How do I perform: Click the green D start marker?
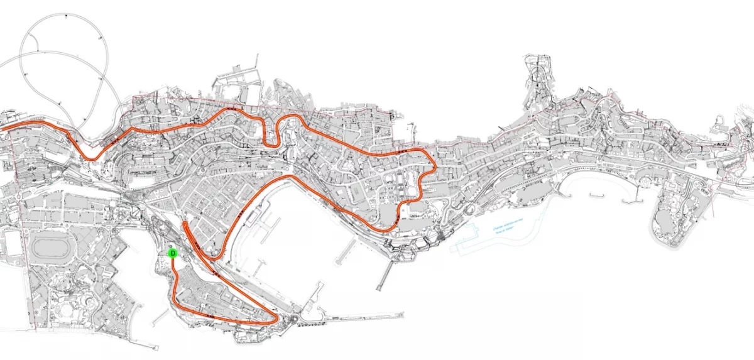click(x=173, y=253)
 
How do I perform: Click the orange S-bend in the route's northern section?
click(x=275, y=132)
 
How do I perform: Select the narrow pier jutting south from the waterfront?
click(x=381, y=276)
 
